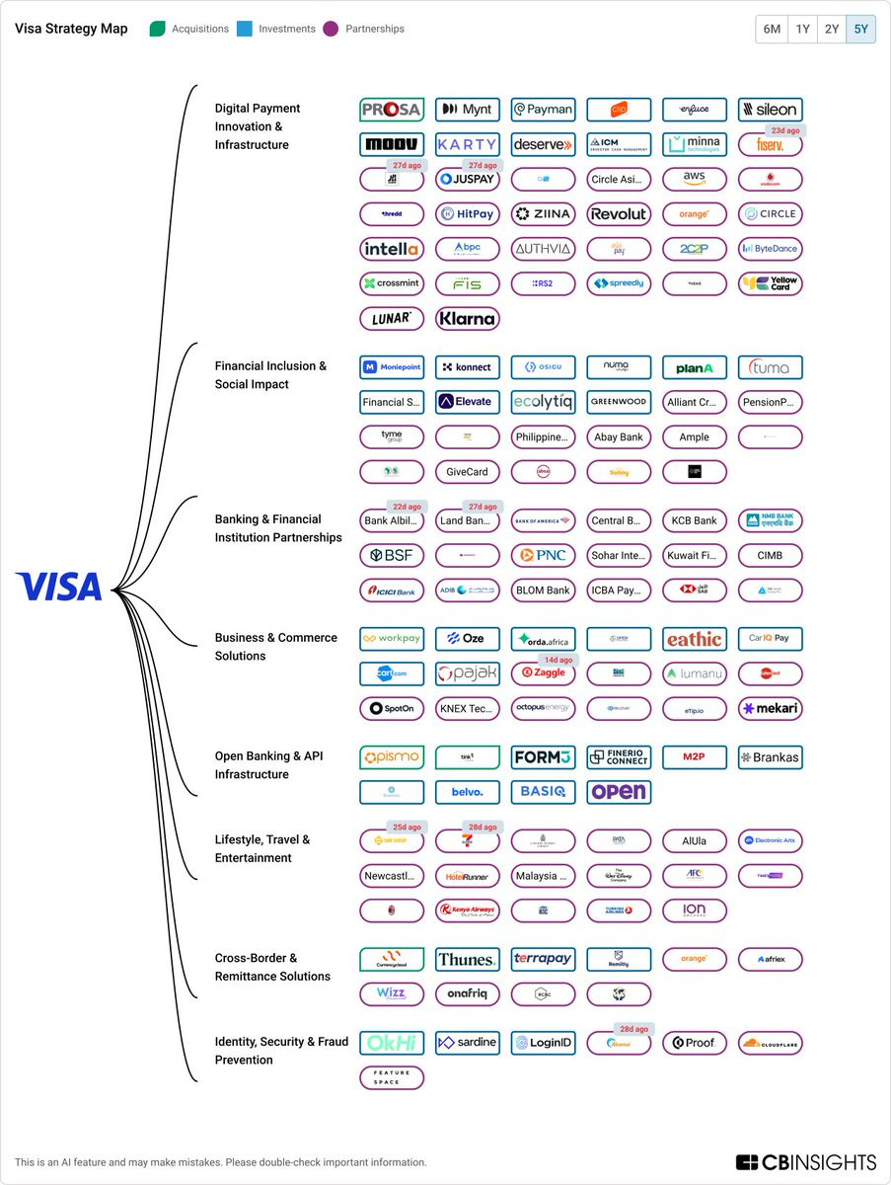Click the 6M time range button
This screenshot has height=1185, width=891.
pyautogui.click(x=771, y=29)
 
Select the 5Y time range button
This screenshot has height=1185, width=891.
pyautogui.click(x=860, y=29)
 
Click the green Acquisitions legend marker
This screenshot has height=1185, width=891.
pyautogui.click(x=157, y=29)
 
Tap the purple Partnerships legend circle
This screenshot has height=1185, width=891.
pyautogui.click(x=331, y=29)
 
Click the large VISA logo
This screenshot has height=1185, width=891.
pyautogui.click(x=58, y=587)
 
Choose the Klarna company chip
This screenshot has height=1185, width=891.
pyautogui.click(x=468, y=318)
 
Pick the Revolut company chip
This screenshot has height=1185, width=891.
pyautogui.click(x=619, y=213)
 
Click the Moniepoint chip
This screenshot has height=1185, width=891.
pyautogui.click(x=392, y=367)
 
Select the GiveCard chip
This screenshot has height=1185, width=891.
pyautogui.click(x=468, y=471)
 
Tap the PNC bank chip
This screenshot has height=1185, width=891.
pyautogui.click(x=543, y=555)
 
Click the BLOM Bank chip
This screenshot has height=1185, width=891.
pyautogui.click(x=543, y=590)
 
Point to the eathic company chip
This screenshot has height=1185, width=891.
pyautogui.click(x=695, y=639)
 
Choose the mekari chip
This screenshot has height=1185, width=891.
pyautogui.click(x=771, y=708)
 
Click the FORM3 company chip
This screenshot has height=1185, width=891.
pyautogui.click(x=543, y=757)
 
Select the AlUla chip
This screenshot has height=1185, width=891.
pyautogui.click(x=695, y=841)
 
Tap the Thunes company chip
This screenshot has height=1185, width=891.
pyautogui.click(x=468, y=959)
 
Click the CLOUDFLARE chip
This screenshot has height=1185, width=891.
pyautogui.click(x=771, y=1043)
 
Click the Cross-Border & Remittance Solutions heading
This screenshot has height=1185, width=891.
pyautogui.click(x=272, y=967)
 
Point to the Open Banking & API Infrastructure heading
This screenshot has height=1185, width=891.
pyautogui.click(x=269, y=765)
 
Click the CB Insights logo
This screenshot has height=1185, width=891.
pyautogui.click(x=805, y=1162)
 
